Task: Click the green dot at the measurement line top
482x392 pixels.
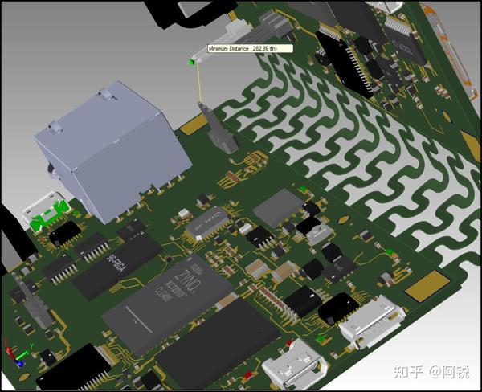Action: (x=191, y=62)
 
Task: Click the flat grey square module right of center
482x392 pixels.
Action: (x=277, y=206)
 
